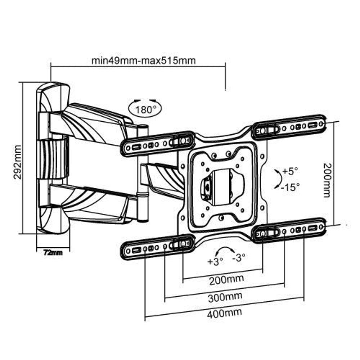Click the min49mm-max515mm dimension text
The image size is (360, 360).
[x=143, y=60]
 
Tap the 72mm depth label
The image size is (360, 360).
[x=53, y=253]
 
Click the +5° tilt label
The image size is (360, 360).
[x=290, y=171]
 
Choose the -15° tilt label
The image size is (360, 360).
[x=291, y=187]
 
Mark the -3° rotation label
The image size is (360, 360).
[x=239, y=257]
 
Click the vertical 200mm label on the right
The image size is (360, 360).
[x=327, y=180]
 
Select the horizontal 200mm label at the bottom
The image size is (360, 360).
[x=226, y=279]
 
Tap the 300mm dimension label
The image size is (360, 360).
[x=225, y=297]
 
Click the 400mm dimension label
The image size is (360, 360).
[x=224, y=312]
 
